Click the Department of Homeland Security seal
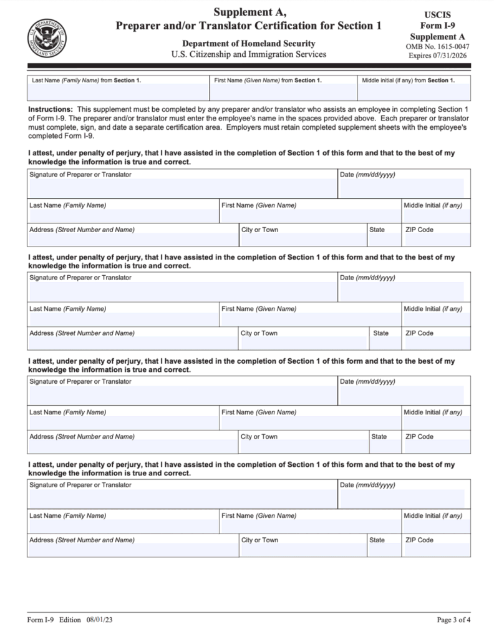(x=47, y=37)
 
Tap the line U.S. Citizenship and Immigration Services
(x=248, y=54)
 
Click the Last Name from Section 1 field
(x=118, y=92)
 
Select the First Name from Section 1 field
(x=283, y=92)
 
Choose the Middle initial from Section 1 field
(x=414, y=92)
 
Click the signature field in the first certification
(x=182, y=188)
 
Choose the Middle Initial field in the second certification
(x=436, y=318)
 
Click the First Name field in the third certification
(x=310, y=422)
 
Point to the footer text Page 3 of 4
(x=453, y=620)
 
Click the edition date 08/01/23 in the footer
(x=100, y=620)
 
